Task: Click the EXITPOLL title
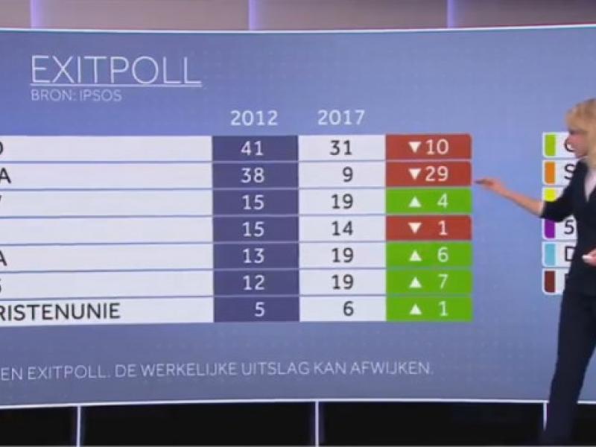[115, 72]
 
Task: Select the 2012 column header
[253, 118]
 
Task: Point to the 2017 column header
[341, 117]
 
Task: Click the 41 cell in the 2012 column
[253, 148]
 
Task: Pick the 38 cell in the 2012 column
[253, 174]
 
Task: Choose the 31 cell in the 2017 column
[340, 148]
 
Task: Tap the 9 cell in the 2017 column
[341, 174]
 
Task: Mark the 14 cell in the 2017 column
[341, 227]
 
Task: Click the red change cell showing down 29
[428, 174]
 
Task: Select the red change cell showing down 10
[428, 148]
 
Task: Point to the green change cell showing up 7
[428, 282]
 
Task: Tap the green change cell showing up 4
[428, 201]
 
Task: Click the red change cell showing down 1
[428, 227]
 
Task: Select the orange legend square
[551, 172]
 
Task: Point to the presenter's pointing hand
[485, 183]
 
